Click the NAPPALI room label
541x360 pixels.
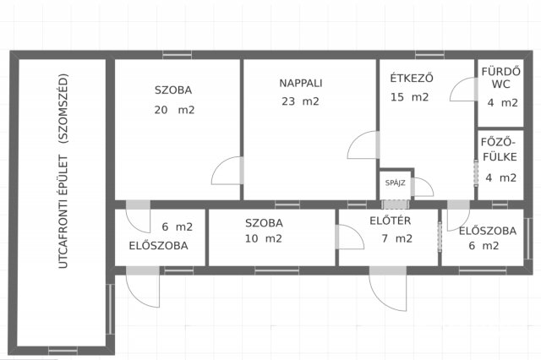click(301, 83)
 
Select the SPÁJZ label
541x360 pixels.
click(393, 182)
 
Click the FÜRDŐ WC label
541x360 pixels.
click(500, 79)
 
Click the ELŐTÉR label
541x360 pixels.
click(391, 222)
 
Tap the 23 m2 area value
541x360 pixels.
click(301, 102)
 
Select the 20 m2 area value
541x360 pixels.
click(175, 110)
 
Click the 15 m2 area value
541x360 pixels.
click(410, 97)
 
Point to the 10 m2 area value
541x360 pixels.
click(263, 239)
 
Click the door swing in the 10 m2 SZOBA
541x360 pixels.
click(348, 237)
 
